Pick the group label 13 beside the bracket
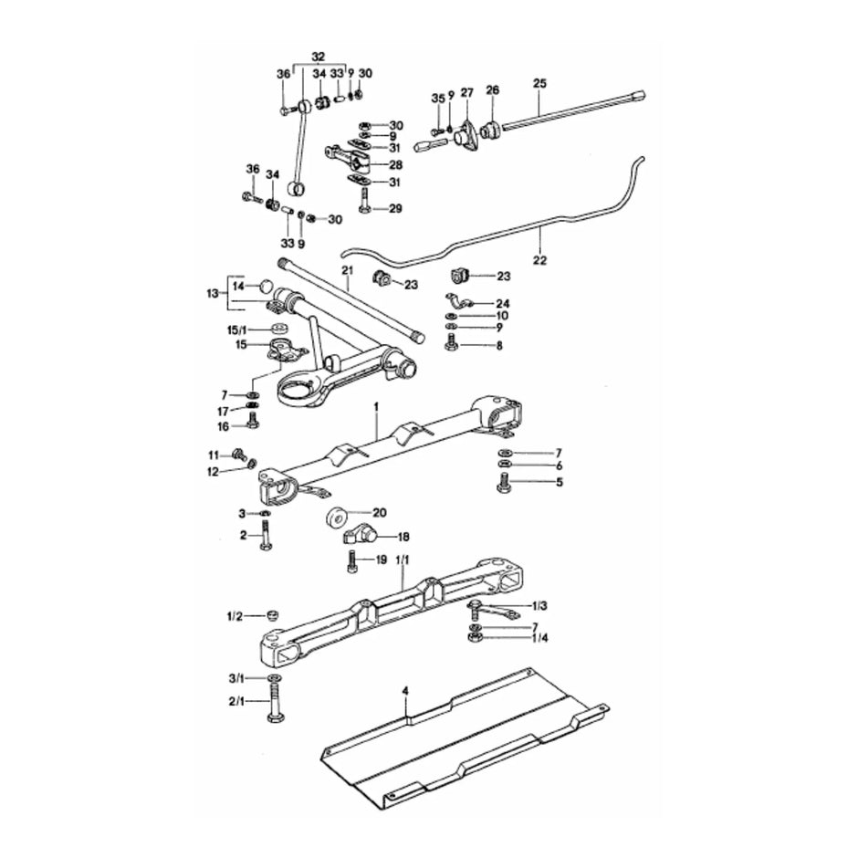click(213, 294)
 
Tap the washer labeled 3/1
click(275, 679)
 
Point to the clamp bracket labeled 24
click(458, 303)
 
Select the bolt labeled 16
click(253, 422)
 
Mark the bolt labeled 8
click(451, 342)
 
